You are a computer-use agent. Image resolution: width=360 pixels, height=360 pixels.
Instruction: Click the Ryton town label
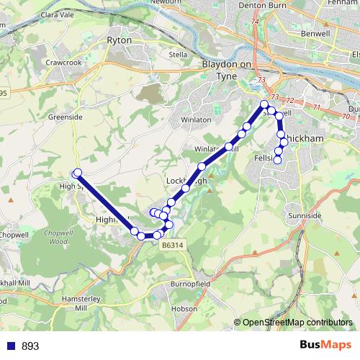[x=119, y=40]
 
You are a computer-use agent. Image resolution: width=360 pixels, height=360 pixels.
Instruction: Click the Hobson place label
[x=184, y=308]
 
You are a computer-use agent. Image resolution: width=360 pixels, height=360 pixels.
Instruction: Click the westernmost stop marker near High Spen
[x=76, y=172]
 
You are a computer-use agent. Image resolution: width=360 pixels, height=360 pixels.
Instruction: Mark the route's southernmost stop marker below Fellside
[x=277, y=161]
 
